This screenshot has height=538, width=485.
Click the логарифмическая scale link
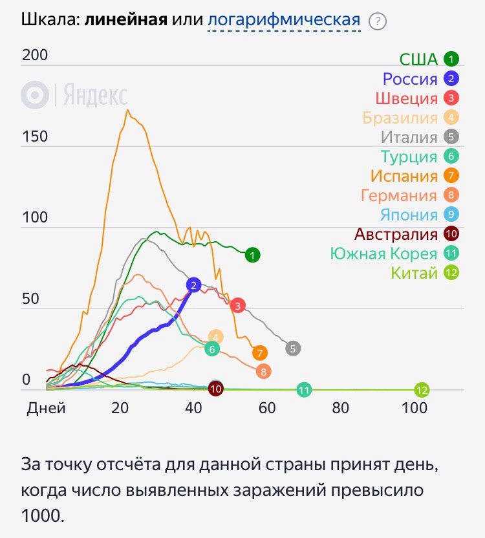283,20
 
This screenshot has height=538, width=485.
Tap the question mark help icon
377,21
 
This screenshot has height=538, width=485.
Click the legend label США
418,59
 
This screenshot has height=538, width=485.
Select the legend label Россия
410,79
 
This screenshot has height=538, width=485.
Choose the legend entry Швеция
406,98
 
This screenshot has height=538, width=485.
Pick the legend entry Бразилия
400,118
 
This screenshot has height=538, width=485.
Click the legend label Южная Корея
383,253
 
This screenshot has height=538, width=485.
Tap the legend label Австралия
396,234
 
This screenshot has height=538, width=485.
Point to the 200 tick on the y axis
35,56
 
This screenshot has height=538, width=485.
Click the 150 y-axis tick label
35,136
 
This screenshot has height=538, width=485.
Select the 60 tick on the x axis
266,408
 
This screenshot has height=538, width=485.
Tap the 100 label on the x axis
414,408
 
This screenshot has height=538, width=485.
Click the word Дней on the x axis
46,408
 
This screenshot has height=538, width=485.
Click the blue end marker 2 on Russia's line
194,285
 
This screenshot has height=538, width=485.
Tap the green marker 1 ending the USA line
253,255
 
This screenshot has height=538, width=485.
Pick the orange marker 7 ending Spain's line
260,353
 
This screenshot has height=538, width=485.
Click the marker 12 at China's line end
422,390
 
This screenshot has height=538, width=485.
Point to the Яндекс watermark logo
74,96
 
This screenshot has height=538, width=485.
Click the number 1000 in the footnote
43,517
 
